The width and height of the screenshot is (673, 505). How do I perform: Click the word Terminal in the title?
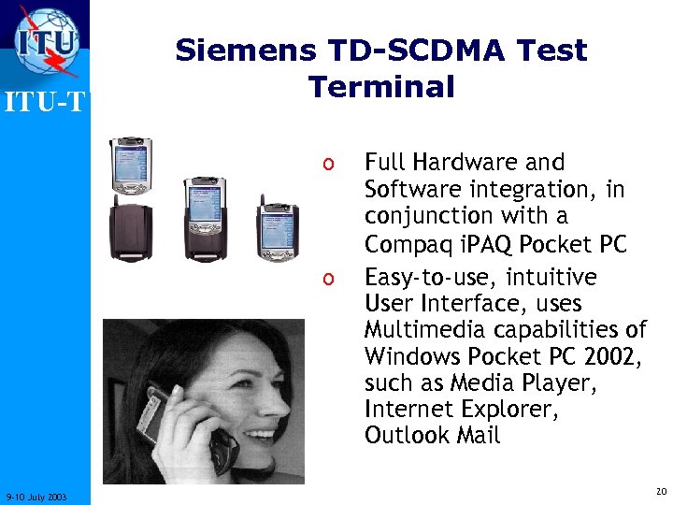[381, 87]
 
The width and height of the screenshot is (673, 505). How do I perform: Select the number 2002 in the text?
[612, 356]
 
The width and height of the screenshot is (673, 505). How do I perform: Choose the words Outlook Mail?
[433, 435]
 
